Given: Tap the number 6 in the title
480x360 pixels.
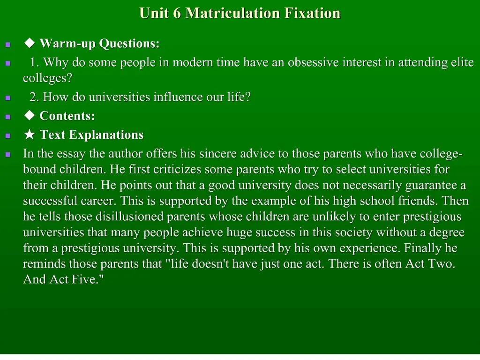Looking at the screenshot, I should (x=177, y=13).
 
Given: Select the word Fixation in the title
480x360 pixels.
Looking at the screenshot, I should (x=311, y=13).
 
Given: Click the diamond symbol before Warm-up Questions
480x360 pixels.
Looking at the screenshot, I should (x=30, y=44).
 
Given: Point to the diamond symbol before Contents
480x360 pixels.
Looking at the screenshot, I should (x=30, y=116).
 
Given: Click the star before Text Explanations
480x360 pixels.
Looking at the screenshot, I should (x=30, y=135).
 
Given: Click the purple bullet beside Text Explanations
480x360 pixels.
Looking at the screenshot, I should (x=7, y=136).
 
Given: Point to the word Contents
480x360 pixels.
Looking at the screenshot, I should (x=67, y=116).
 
